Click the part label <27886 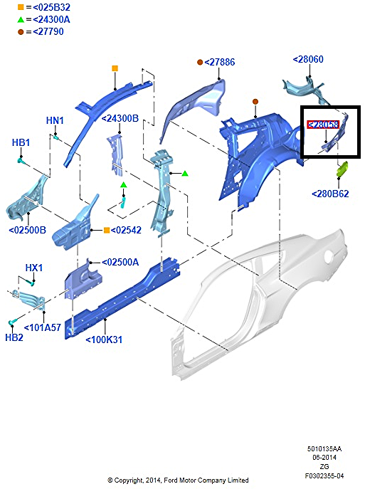point(219,62)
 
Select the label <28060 point(308,59)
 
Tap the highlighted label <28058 point(323,125)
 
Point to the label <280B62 point(330,194)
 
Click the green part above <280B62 point(343,169)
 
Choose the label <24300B point(120,118)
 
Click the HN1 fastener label point(55,120)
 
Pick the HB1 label point(21,142)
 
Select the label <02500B point(28,230)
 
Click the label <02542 point(126,230)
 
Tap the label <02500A point(120,262)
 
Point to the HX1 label point(33,268)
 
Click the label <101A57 point(43,327)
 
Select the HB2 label point(14,337)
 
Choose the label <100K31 point(104,340)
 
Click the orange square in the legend point(21,7)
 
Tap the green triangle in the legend point(21,20)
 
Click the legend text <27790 point(48,31)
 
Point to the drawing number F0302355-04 point(324,476)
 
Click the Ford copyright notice point(178,480)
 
